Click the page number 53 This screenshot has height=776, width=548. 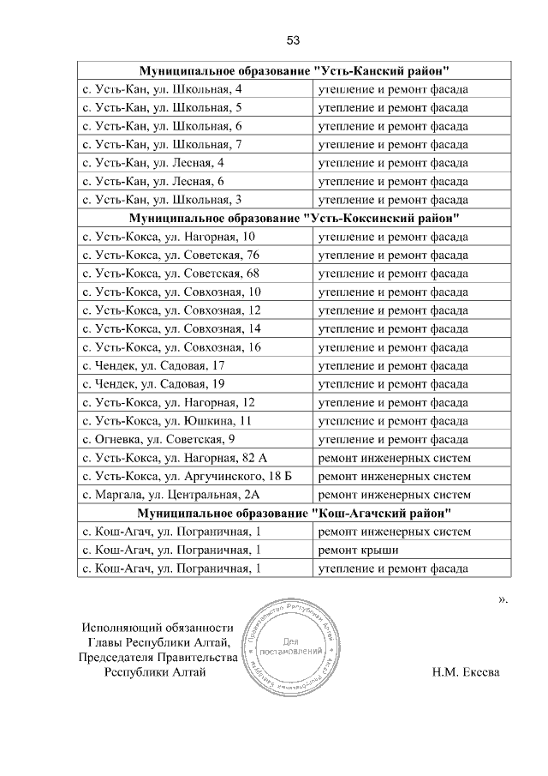tap(292, 40)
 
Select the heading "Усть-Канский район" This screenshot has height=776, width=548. tap(295, 70)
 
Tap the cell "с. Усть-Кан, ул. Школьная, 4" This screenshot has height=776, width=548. tap(161, 89)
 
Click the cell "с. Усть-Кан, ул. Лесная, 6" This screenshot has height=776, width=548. tap(152, 181)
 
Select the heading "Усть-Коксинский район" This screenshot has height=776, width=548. tap(295, 218)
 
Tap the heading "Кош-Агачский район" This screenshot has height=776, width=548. tap(295, 513)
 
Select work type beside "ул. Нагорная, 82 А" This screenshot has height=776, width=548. tap(394, 458)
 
